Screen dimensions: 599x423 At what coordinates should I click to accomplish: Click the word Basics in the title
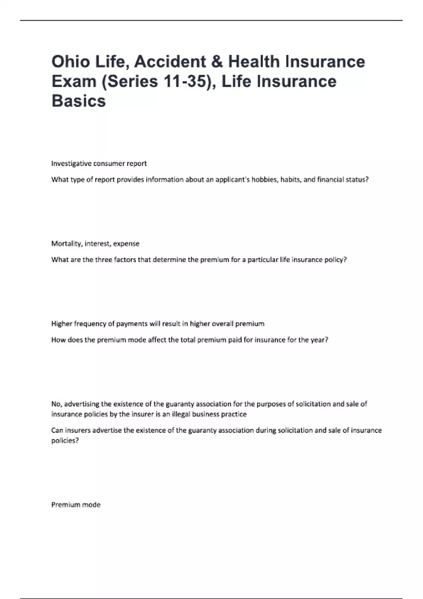pos(79,101)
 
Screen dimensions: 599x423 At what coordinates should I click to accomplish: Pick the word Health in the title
pos(254,62)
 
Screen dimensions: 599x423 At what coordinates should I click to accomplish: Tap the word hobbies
pos(264,180)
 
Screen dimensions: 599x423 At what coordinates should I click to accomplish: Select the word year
pos(320,340)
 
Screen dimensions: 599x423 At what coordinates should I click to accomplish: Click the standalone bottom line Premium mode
pos(76,505)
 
